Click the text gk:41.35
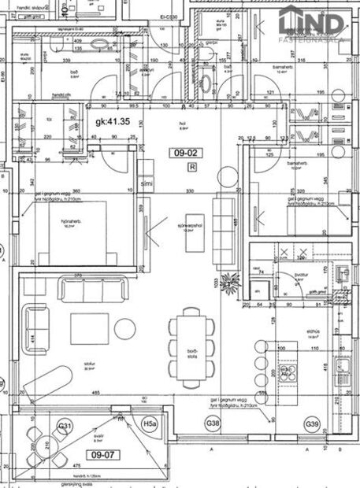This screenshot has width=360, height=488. pos(113,122)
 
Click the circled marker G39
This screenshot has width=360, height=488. pos(314,425)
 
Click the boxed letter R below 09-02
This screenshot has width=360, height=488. pos(192,167)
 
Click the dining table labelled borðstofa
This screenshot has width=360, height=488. pos(191,346)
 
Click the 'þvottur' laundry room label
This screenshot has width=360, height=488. pos(299,275)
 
